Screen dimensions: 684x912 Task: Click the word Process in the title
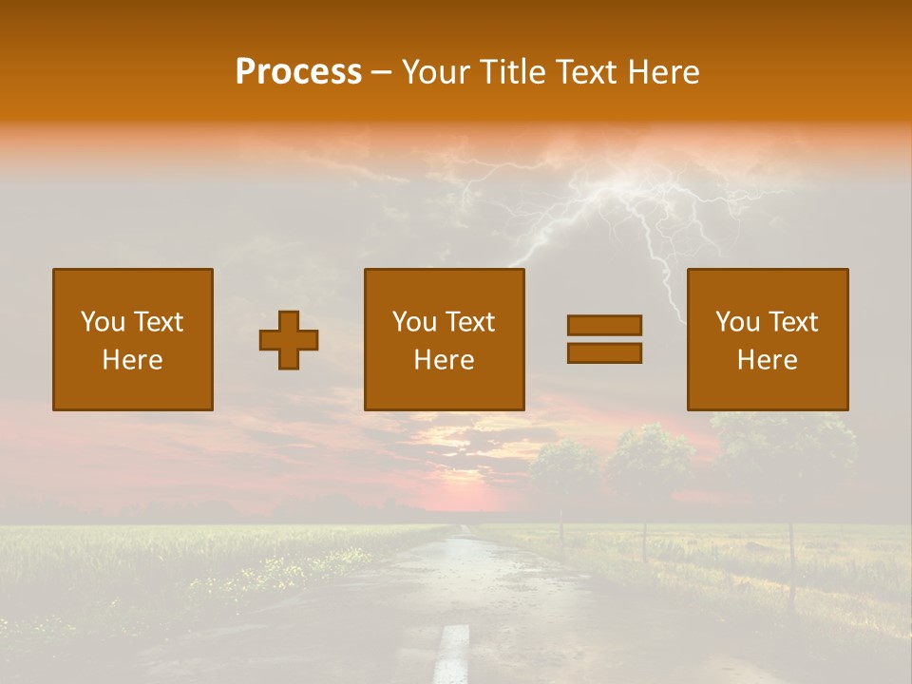click(298, 72)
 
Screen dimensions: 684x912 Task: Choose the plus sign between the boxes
click(289, 340)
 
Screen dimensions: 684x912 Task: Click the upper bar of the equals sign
click(604, 325)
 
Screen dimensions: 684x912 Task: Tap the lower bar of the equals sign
click(604, 352)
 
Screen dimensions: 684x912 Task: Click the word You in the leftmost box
click(101, 322)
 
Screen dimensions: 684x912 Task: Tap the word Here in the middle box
click(444, 360)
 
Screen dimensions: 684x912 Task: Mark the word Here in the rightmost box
click(767, 360)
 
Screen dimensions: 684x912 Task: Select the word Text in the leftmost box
click(158, 322)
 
